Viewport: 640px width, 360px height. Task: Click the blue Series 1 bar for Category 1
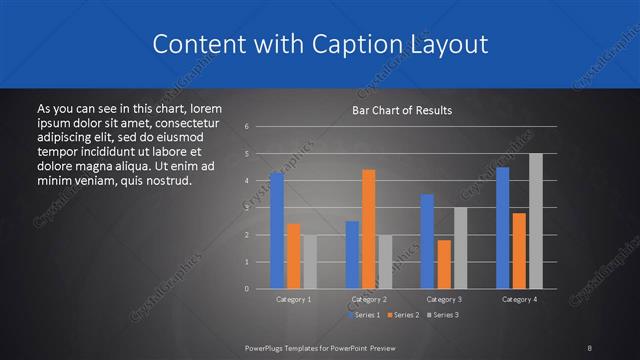pyautogui.click(x=276, y=231)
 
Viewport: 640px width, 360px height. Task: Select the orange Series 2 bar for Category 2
pyautogui.click(x=369, y=229)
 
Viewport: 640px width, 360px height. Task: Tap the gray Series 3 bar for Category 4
pyautogui.click(x=536, y=221)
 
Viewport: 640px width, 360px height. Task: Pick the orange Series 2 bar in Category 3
pyautogui.click(x=444, y=264)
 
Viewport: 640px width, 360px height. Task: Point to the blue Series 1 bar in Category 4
pyautogui.click(x=502, y=228)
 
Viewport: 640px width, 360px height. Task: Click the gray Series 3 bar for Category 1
pyautogui.click(x=309, y=262)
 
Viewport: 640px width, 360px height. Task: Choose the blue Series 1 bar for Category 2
pyautogui.click(x=352, y=255)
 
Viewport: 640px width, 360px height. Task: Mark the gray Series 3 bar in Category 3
pyautogui.click(x=460, y=248)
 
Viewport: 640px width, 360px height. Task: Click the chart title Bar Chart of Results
pyautogui.click(x=402, y=110)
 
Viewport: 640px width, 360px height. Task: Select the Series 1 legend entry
pyautogui.click(x=363, y=315)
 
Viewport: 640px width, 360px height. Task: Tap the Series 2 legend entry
pyautogui.click(x=402, y=315)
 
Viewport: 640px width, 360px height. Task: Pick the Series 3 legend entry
pyautogui.click(x=441, y=315)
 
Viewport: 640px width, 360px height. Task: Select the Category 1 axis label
pyautogui.click(x=293, y=299)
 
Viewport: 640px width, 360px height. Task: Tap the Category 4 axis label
pyautogui.click(x=519, y=299)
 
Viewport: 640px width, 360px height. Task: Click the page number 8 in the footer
pyautogui.click(x=589, y=347)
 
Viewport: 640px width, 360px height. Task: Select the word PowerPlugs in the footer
pyautogui.click(x=265, y=347)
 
